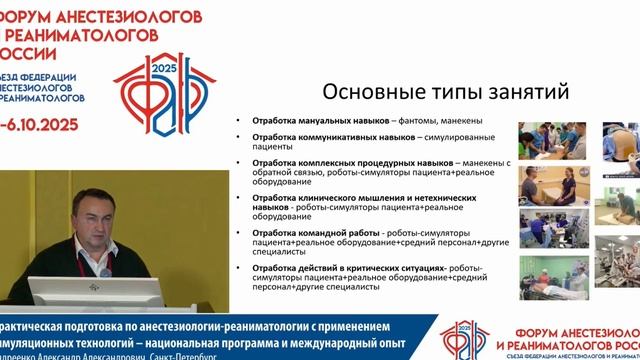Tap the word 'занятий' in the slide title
pyautogui.click(x=524, y=91)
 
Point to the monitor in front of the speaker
pyautogui.click(x=95, y=293)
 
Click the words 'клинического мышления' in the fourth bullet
pyautogui.click(x=344, y=198)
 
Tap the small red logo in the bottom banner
pyautogui.click(x=461, y=341)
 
